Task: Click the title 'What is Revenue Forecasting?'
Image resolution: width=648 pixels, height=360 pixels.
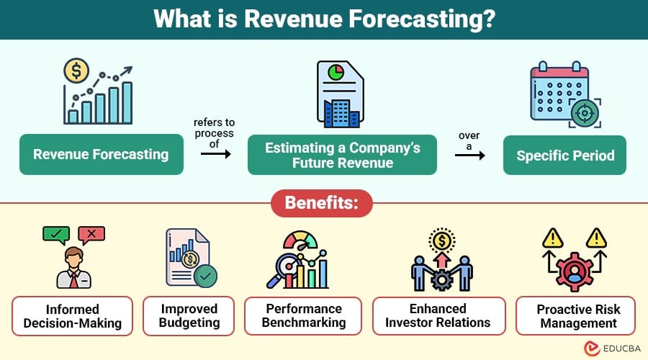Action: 324,19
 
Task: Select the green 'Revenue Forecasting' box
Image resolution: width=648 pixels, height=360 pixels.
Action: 101,154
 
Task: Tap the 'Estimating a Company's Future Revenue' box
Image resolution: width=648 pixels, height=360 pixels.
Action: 342,155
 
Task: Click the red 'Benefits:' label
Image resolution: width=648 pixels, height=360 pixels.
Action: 323,202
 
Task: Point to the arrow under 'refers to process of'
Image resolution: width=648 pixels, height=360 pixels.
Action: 215,153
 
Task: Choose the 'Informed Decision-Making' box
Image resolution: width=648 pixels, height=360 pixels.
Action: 72,316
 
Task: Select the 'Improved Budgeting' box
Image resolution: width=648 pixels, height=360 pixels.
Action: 189,316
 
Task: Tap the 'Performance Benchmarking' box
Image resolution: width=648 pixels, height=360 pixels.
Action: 303,316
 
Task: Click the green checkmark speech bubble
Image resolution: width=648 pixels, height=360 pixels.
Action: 55,234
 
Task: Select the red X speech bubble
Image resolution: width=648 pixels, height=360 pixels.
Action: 91,234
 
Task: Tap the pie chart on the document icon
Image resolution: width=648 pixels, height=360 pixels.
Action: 335,73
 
